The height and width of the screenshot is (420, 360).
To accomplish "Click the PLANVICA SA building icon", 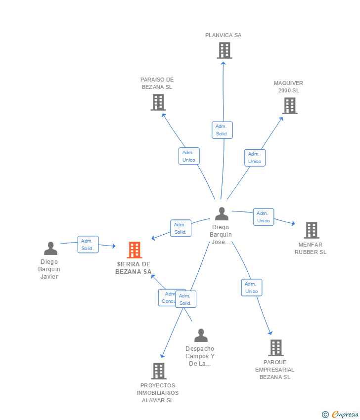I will click(x=224, y=50).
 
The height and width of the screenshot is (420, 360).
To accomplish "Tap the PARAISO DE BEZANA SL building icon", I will click(x=158, y=102).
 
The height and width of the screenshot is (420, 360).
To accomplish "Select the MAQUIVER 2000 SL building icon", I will click(x=289, y=106).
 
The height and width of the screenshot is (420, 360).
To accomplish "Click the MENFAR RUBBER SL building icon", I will click(x=311, y=230).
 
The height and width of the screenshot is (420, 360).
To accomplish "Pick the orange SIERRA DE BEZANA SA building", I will click(x=134, y=250).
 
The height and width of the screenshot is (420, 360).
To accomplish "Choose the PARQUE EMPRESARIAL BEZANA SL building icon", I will click(x=275, y=348).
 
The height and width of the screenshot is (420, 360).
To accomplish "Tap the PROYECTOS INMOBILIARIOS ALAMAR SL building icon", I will click(x=158, y=371).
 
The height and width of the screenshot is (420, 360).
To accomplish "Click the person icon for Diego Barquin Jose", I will click(x=222, y=214).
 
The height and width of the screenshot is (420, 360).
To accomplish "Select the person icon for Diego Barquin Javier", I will click(x=50, y=248).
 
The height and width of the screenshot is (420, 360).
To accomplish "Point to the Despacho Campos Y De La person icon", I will click(x=201, y=336).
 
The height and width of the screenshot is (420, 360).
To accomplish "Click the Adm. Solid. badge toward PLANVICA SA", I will click(x=222, y=130).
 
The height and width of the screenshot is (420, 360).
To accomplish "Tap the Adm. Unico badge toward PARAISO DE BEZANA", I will click(x=189, y=156).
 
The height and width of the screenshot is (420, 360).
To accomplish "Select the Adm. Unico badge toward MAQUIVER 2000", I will click(x=255, y=158).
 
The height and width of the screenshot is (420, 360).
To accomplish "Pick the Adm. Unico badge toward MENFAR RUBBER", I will click(x=264, y=217).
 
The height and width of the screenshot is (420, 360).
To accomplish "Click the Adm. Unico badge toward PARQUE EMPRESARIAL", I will click(x=252, y=288).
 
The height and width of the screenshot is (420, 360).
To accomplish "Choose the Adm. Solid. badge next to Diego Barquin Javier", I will click(x=88, y=245).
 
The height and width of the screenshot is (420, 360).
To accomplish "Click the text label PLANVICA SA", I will click(x=224, y=35).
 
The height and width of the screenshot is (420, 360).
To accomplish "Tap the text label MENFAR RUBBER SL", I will click(x=311, y=248).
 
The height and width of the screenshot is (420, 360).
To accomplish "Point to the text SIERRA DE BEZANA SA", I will click(x=134, y=268).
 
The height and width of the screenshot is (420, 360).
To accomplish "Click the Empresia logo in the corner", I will click(x=341, y=414).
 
